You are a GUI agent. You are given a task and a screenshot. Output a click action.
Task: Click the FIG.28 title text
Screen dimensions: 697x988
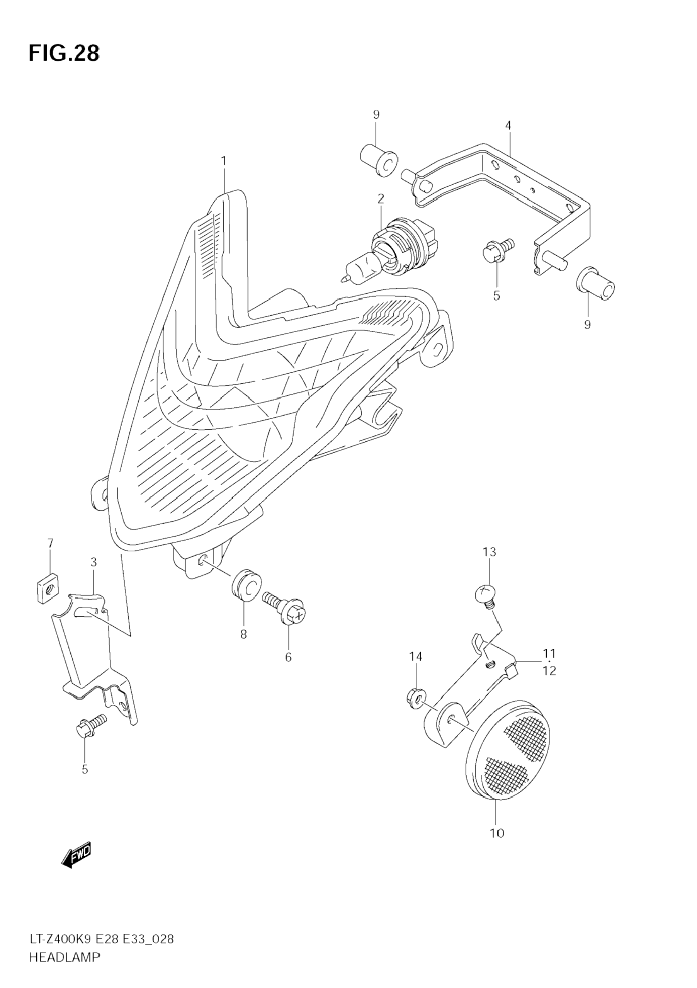coord(64,53)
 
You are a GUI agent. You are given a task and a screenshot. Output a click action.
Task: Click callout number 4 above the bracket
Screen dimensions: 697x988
coord(508,126)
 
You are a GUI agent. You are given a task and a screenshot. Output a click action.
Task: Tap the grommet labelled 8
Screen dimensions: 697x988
coord(246,584)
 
